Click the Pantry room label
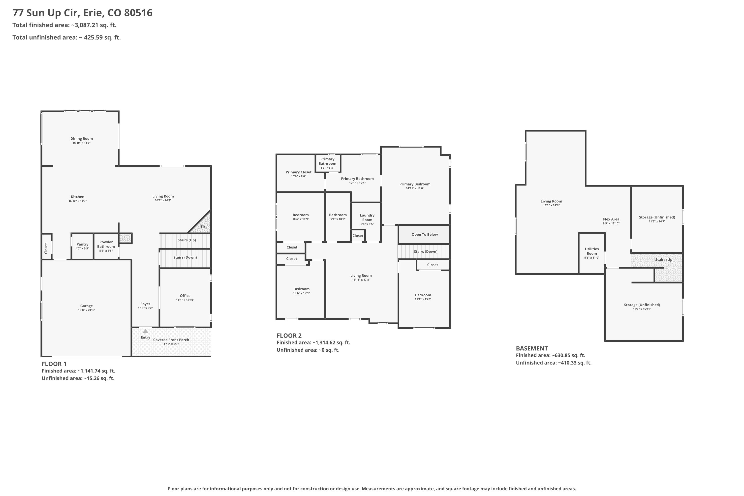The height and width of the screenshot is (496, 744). click(x=82, y=244)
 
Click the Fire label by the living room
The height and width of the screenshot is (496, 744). click(x=204, y=226)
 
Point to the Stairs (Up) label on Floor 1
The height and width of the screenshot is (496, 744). click(x=187, y=240)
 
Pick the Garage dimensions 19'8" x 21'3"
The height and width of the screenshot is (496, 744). click(x=86, y=310)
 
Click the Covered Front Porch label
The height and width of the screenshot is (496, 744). click(x=171, y=340)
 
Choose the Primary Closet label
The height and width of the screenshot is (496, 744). click(x=298, y=172)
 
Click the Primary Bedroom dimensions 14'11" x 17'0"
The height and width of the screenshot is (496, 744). click(x=415, y=188)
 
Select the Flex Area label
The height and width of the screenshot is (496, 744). click(x=611, y=219)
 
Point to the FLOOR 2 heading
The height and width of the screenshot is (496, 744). click(x=289, y=336)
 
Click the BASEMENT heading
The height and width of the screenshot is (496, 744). click(x=532, y=348)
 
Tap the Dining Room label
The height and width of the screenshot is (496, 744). click(x=82, y=139)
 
